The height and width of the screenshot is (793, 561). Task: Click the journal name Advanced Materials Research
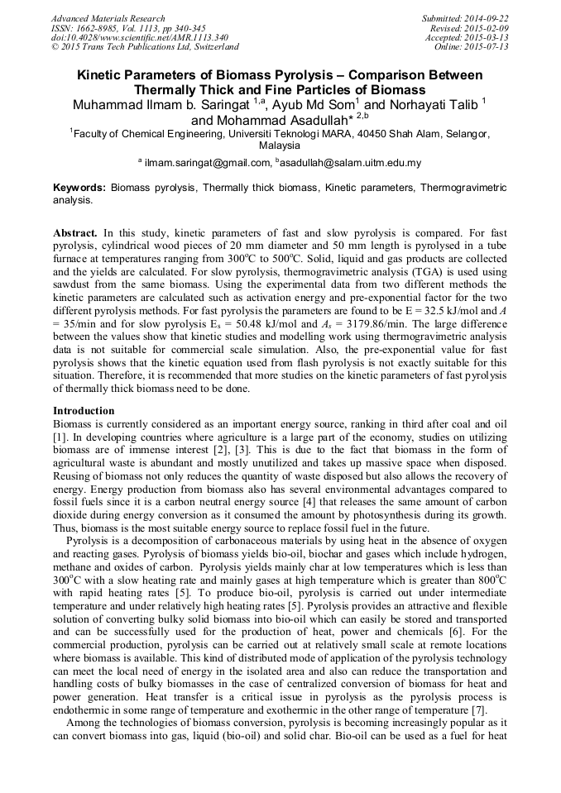click(x=108, y=18)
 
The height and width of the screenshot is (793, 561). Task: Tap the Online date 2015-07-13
click(x=489, y=46)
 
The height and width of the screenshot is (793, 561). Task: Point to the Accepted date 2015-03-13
click(x=489, y=37)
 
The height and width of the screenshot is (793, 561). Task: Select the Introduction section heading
click(x=84, y=411)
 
